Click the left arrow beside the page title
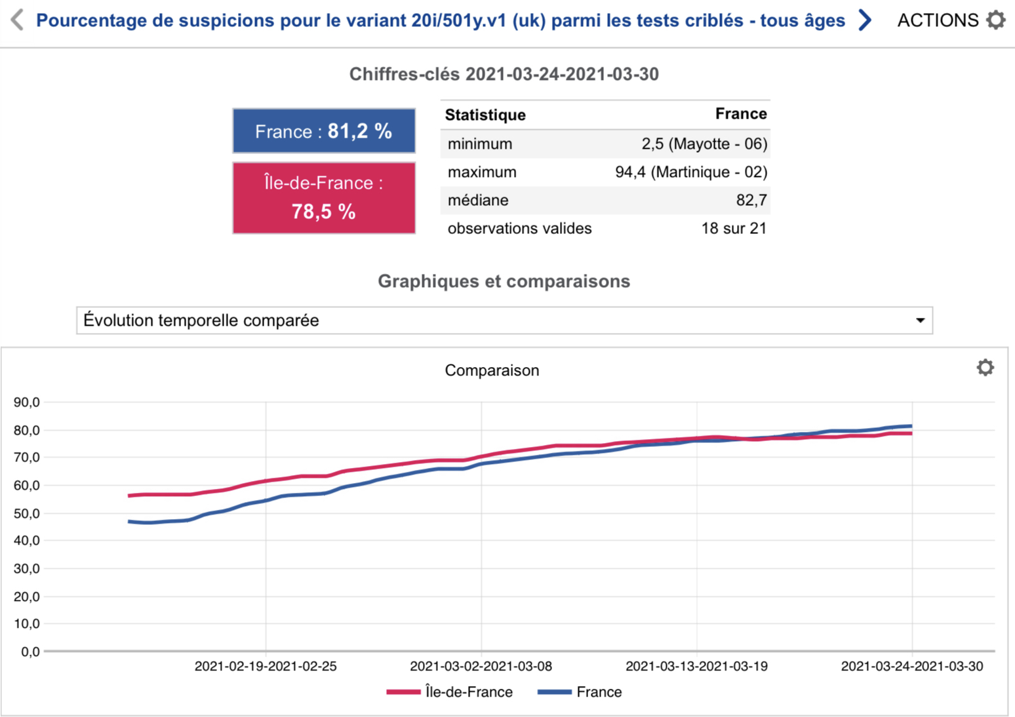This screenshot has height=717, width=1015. pos(17,20)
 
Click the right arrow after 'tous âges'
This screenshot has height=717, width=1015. pos(865,20)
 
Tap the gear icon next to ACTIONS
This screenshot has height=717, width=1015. pos(996,20)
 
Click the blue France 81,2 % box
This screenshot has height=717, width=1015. pos(324,131)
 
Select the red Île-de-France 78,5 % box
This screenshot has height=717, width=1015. pos(324,198)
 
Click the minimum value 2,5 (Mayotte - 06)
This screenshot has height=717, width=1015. pos(704,144)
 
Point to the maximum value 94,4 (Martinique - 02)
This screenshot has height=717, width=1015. pos(691,172)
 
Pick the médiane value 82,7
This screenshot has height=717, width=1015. pos(751,200)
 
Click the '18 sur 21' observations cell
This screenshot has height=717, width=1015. pos(734,228)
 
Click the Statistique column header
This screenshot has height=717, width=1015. pos(485,115)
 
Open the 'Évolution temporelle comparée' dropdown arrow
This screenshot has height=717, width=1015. pos(920,320)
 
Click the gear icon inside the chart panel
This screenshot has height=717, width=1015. pos(985,367)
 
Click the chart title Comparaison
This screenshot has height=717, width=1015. pos(492,370)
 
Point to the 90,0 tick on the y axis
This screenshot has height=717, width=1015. pos(27,402)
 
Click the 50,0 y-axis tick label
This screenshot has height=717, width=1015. pos(27,514)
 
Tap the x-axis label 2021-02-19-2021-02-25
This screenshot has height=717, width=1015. pos(266,667)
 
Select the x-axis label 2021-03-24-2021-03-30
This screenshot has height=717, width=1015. pos(912,667)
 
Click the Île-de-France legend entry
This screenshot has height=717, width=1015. pos(450,692)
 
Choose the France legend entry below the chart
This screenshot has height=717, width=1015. pos(580,692)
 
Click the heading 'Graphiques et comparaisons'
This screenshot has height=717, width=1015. pos(504,281)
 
